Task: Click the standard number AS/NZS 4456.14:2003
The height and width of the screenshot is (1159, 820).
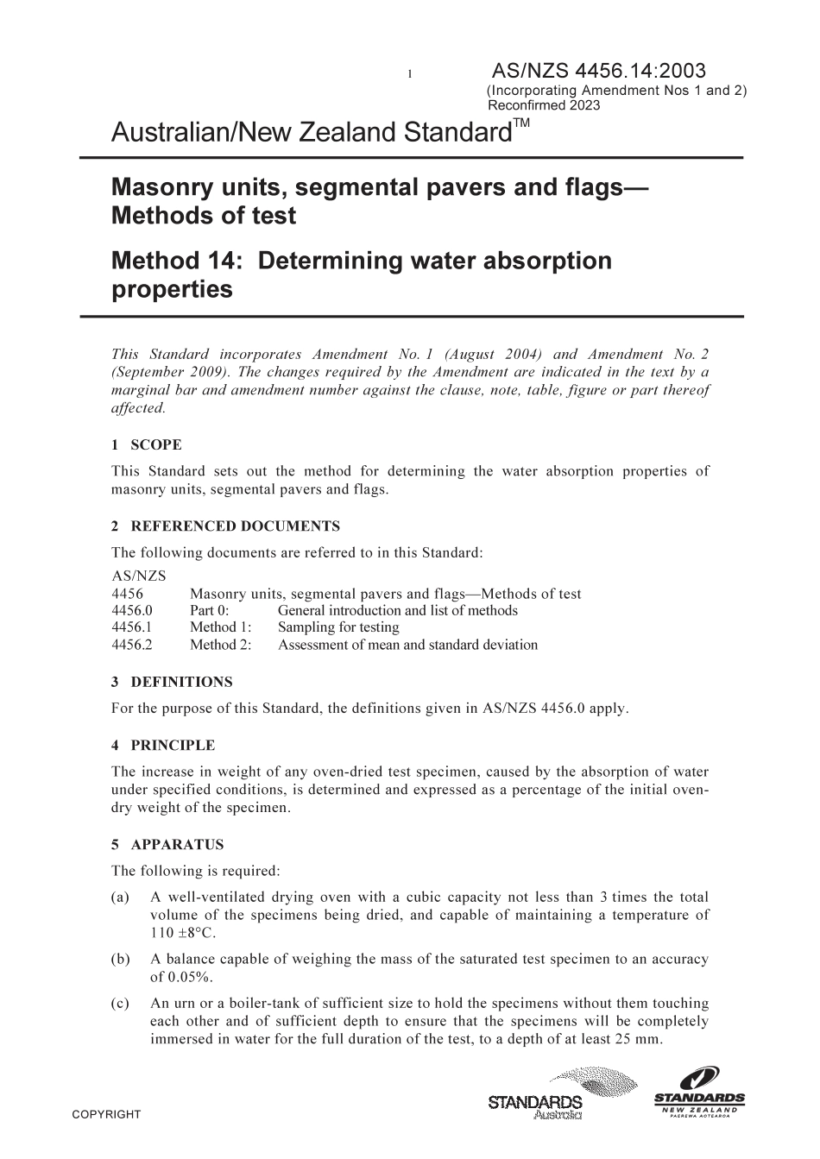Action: (598, 72)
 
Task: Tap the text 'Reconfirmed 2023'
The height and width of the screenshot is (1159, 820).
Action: (544, 106)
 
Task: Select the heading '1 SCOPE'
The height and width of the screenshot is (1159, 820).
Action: (147, 445)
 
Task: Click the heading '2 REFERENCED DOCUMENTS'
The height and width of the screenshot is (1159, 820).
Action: (225, 526)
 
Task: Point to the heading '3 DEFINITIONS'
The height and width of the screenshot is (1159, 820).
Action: (172, 682)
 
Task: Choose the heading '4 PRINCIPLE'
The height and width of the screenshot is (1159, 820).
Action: (163, 746)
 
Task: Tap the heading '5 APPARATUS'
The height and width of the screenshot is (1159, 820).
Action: (167, 845)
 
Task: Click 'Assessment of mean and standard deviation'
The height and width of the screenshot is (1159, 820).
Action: (407, 645)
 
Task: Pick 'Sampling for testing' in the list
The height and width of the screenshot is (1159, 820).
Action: (338, 627)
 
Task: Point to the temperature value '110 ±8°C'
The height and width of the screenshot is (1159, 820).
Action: (180, 932)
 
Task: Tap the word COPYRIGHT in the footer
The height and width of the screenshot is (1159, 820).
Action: (106, 1115)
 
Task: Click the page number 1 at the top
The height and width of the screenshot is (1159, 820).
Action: (410, 74)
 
